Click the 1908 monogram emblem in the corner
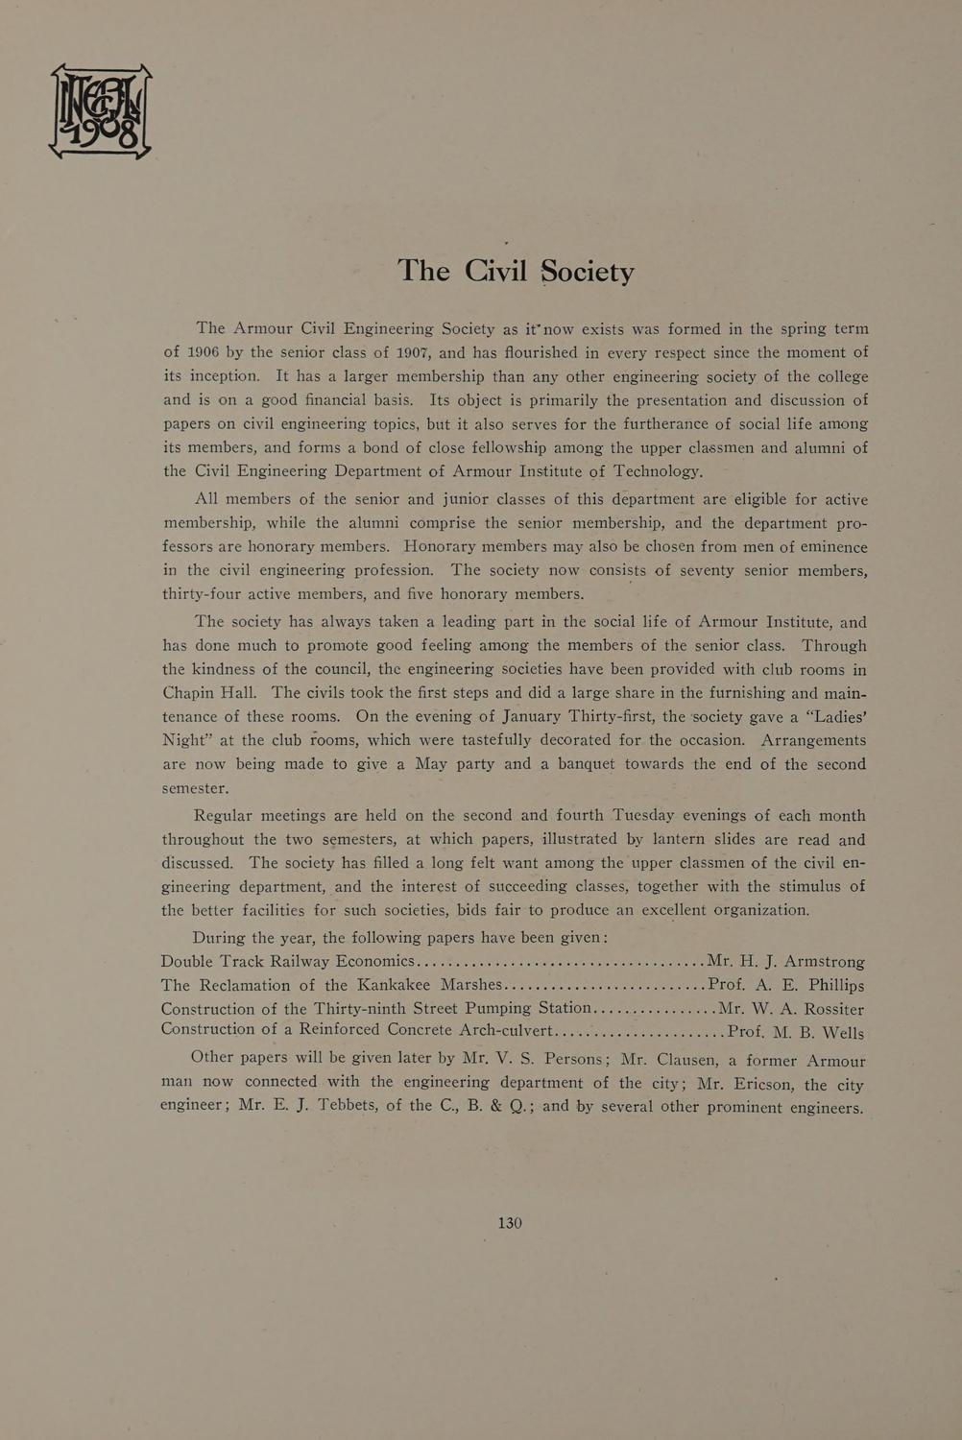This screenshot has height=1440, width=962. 100,111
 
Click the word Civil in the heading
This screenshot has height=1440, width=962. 495,271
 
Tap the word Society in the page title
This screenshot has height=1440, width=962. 588,273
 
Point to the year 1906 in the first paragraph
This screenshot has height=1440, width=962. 204,352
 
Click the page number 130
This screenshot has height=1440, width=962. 510,1222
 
